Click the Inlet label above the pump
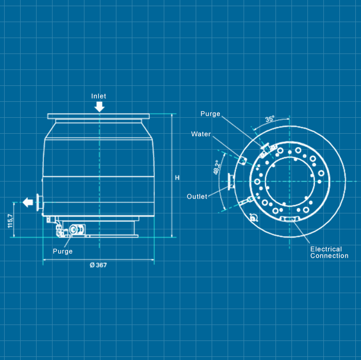point(98,96)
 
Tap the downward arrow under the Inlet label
point(99,106)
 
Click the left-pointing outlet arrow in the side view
point(28,202)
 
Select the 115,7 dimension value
point(10,221)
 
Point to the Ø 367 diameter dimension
point(98,265)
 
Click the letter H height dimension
point(177,178)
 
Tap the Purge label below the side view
point(63,251)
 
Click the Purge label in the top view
point(210,114)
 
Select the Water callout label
point(201,134)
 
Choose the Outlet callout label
point(197,196)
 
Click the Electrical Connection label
point(329,253)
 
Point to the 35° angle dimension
point(270,119)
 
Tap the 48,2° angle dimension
point(216,167)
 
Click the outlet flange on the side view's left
point(39,202)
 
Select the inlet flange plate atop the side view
point(98,116)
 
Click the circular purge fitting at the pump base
point(74,229)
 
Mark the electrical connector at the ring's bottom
point(289,219)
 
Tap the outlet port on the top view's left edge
point(231,182)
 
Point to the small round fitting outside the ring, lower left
point(253,218)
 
